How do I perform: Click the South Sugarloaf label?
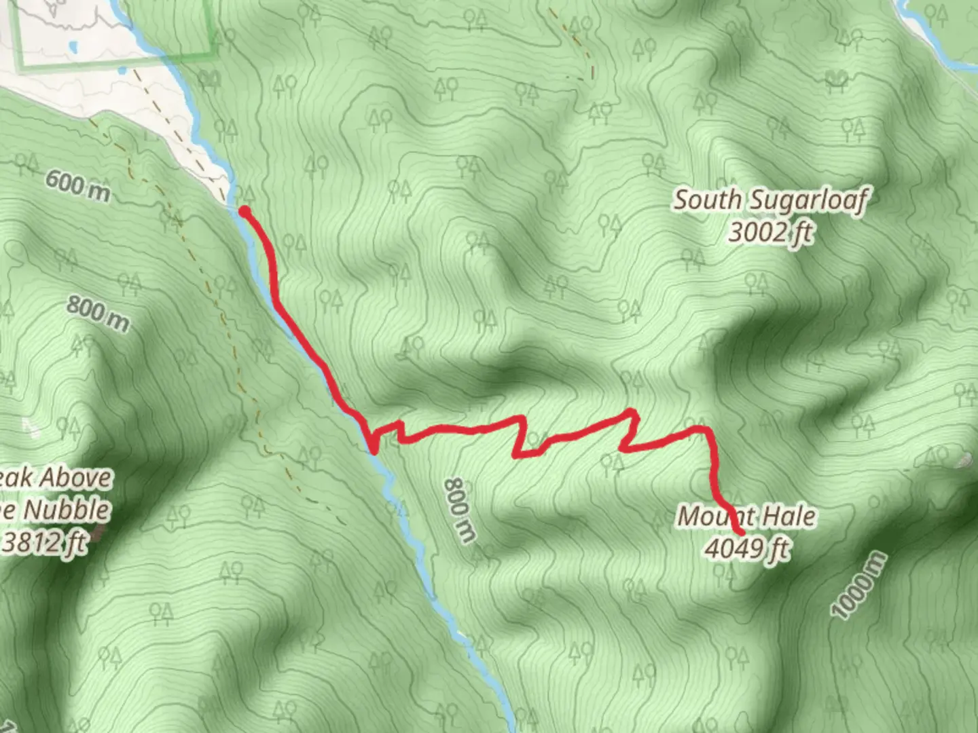770,200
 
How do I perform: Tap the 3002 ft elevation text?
770,232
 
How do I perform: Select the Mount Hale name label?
747,516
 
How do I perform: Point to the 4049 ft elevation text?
747,547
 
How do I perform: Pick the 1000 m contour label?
858,585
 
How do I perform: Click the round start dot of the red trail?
244,212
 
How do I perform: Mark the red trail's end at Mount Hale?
740,531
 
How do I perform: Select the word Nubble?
65,510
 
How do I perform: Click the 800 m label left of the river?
98,314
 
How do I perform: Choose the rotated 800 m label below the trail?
460,510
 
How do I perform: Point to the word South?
707,200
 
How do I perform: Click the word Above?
74,478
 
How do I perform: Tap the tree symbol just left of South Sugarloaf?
655,163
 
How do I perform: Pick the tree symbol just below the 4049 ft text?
724,574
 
